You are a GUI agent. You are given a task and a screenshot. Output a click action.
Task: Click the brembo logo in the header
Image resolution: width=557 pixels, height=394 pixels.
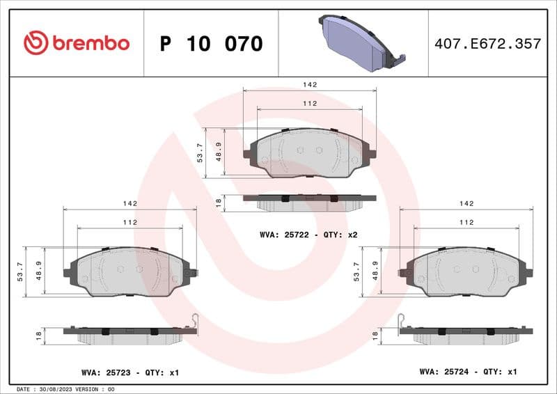pyautogui.click(x=76, y=43)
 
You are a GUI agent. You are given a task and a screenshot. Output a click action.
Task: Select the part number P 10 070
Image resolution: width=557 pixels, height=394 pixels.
pyautogui.click(x=211, y=44)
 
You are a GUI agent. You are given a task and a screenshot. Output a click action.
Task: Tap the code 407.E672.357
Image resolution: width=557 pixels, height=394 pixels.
pyautogui.click(x=487, y=44)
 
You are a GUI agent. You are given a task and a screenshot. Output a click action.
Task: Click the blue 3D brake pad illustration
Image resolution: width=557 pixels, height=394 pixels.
pyautogui.click(x=358, y=42)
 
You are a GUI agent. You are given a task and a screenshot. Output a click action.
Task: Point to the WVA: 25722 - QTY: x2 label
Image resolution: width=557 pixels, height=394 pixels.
pyautogui.click(x=308, y=235)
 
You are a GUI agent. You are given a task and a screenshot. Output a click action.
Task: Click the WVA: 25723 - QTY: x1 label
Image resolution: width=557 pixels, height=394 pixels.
pyautogui.click(x=130, y=373)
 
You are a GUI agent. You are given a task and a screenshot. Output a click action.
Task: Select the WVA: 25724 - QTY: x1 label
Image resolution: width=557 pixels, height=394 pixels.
pyautogui.click(x=468, y=372)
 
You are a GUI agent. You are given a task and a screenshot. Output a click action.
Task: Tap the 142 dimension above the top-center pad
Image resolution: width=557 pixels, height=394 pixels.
pyautogui.click(x=310, y=84)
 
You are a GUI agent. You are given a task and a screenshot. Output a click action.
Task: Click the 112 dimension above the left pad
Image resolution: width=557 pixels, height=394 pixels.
pyautogui.click(x=130, y=222)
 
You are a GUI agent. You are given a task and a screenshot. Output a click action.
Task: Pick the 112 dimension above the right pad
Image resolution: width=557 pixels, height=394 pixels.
pyautogui.click(x=466, y=222)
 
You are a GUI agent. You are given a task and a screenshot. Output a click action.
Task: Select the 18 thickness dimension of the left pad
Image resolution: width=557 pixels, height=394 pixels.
pyautogui.click(x=38, y=335)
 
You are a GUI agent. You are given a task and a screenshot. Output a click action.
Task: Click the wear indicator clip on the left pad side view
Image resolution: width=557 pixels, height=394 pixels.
pyautogui.click(x=195, y=320)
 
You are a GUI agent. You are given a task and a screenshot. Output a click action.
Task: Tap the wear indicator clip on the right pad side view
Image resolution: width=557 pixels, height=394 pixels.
pyautogui.click(x=402, y=320)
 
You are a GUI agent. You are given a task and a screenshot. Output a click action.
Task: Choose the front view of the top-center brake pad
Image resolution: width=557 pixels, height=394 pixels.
pyautogui.click(x=309, y=152)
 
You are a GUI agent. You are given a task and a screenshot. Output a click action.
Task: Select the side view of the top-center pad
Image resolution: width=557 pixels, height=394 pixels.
pyautogui.click(x=309, y=201)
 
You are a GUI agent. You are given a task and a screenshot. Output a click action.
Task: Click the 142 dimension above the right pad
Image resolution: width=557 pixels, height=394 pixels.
pyautogui.click(x=466, y=203)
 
